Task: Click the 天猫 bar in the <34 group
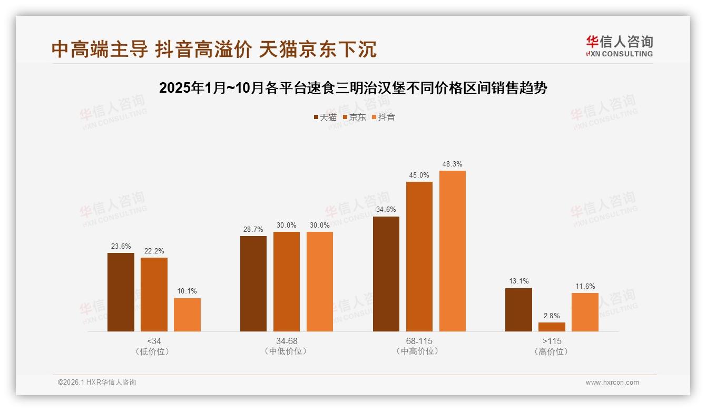click(121, 292)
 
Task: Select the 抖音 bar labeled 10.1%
click(187, 315)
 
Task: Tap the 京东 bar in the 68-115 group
click(419, 256)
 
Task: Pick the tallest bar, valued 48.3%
click(452, 251)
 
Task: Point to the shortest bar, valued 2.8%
click(552, 327)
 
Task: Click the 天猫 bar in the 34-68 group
click(253, 283)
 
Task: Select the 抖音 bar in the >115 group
click(585, 312)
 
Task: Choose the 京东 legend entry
click(354, 117)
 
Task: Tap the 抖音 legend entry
click(384, 117)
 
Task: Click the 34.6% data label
click(386, 210)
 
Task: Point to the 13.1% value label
click(518, 281)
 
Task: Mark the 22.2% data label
click(154, 251)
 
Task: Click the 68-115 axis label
click(419, 341)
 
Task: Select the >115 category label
click(552, 341)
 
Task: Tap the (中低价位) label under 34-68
click(286, 351)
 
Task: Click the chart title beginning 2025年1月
click(353, 88)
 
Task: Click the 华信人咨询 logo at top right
click(619, 46)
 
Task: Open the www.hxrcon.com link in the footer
click(612, 383)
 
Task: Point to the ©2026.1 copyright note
click(97, 383)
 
